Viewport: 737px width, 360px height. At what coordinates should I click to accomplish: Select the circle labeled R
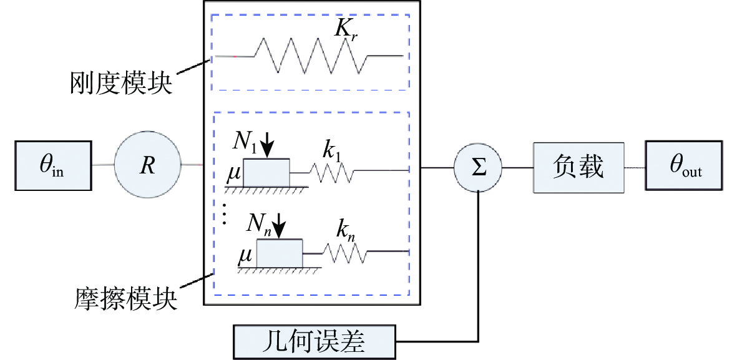click(148, 164)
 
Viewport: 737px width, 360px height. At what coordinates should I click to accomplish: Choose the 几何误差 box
click(315, 341)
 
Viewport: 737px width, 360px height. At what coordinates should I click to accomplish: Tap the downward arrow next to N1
click(267, 148)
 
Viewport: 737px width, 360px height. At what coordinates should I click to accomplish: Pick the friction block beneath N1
click(266, 172)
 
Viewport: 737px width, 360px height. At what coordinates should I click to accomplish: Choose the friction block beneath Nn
click(280, 253)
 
